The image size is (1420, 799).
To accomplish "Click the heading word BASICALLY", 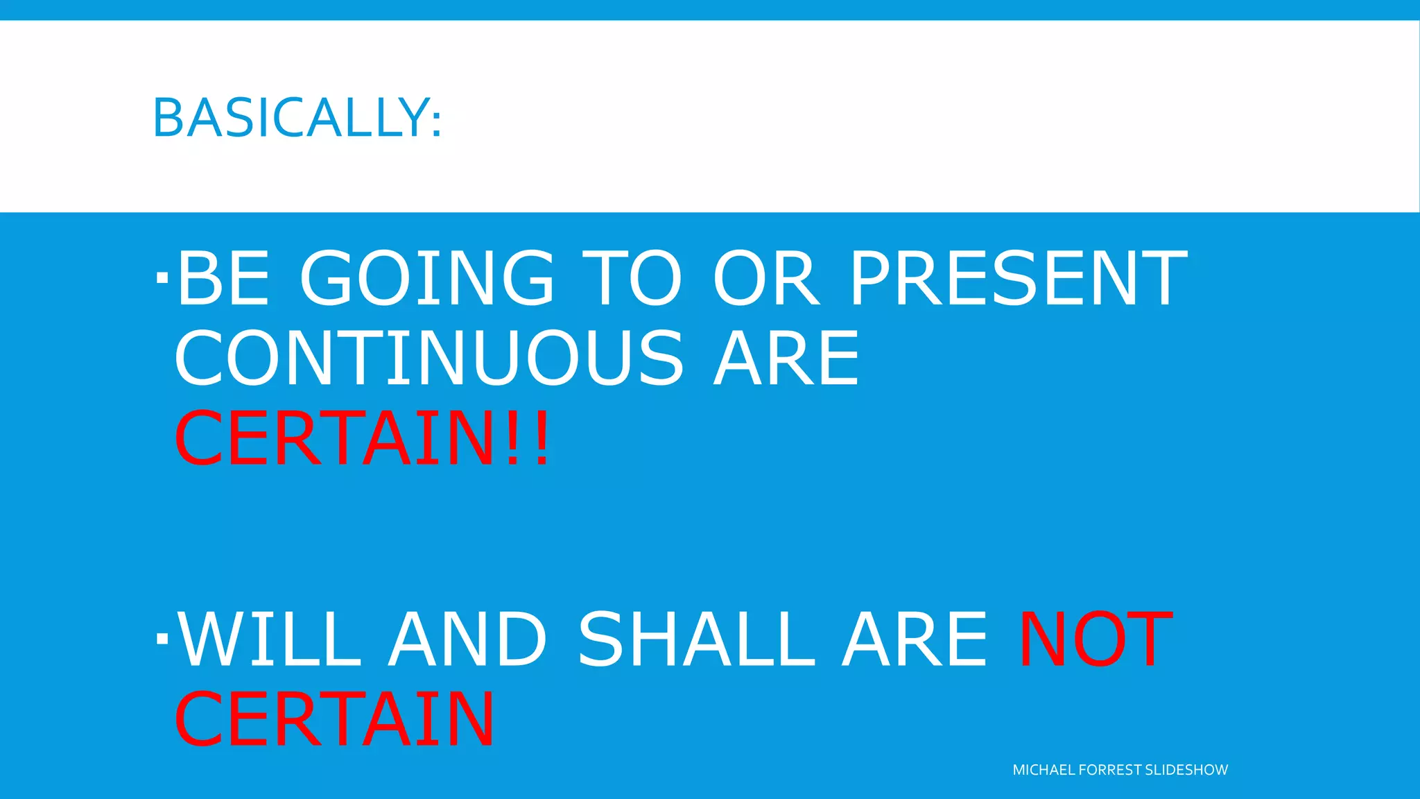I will point(290,118).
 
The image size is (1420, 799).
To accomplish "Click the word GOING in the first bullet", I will point(427,278).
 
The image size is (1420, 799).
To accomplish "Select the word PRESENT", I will point(1018,278).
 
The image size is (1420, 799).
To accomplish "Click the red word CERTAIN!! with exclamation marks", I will point(362,439).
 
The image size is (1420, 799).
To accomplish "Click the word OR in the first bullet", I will point(766,278).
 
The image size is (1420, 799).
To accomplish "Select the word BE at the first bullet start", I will point(223,278).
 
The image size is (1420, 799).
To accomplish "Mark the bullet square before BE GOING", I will point(162,278).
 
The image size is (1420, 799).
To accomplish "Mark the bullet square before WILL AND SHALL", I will point(162,638).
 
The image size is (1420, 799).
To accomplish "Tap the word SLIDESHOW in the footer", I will point(1186,770).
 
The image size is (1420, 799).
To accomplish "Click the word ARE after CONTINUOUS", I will point(787,359).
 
